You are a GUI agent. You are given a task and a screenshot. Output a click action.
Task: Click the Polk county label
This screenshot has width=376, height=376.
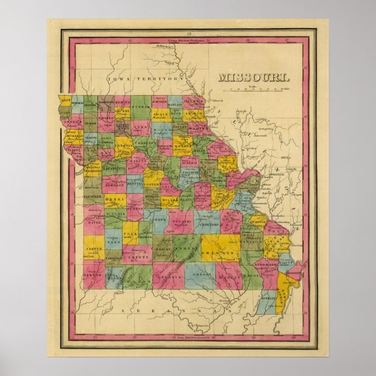133,232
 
